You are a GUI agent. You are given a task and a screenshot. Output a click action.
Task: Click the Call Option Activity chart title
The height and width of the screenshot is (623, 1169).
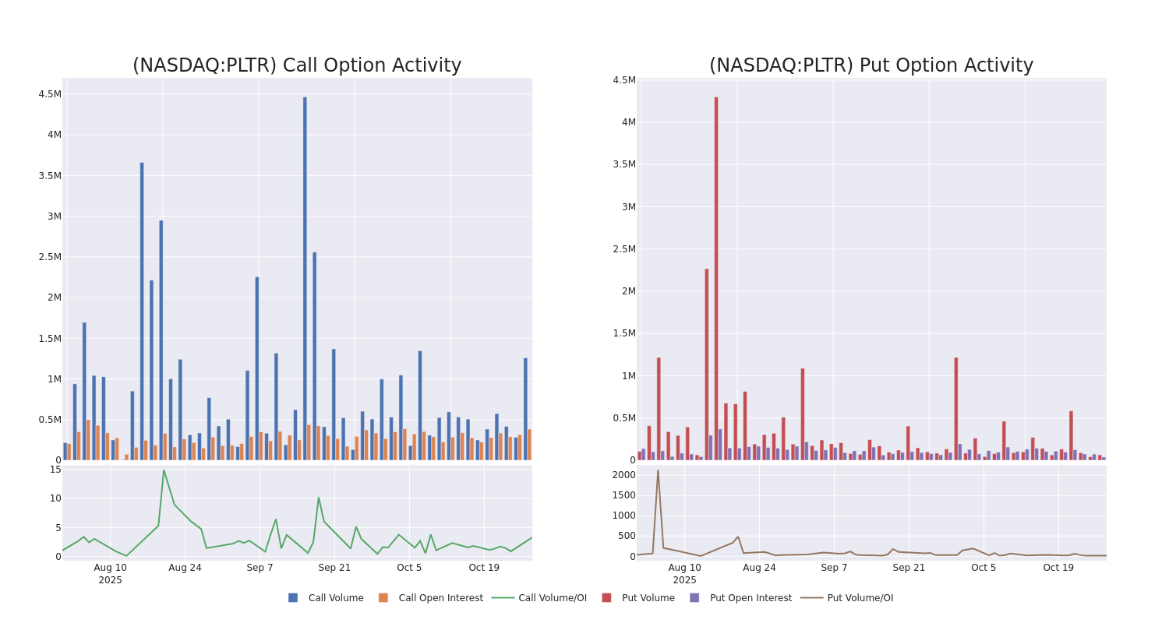click(297, 66)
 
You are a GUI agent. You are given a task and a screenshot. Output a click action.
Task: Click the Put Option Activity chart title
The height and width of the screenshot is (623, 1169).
click(871, 66)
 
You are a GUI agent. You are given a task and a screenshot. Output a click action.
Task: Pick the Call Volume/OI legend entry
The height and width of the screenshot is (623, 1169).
click(539, 598)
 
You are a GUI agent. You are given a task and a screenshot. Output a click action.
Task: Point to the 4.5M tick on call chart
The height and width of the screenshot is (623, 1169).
click(49, 94)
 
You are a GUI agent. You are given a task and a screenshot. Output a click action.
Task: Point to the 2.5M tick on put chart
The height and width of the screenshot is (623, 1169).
click(623, 249)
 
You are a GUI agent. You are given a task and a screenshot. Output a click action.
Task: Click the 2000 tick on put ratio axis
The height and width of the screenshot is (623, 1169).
click(623, 475)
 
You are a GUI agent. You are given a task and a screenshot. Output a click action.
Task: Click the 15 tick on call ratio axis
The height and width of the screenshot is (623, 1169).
click(55, 470)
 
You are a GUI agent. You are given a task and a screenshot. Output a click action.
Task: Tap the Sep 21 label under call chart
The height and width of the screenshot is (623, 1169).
click(334, 568)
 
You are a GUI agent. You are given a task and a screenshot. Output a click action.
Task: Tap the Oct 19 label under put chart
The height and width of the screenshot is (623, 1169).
click(1058, 568)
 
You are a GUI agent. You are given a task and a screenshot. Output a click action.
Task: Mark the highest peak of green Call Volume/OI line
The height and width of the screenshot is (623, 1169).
click(164, 470)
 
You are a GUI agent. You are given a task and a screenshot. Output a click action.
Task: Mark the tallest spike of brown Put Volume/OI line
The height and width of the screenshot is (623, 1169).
click(658, 470)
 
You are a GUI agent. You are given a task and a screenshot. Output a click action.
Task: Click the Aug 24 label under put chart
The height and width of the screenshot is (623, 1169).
click(759, 568)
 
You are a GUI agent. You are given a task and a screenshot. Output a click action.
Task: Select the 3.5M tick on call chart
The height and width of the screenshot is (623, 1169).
click(49, 176)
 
